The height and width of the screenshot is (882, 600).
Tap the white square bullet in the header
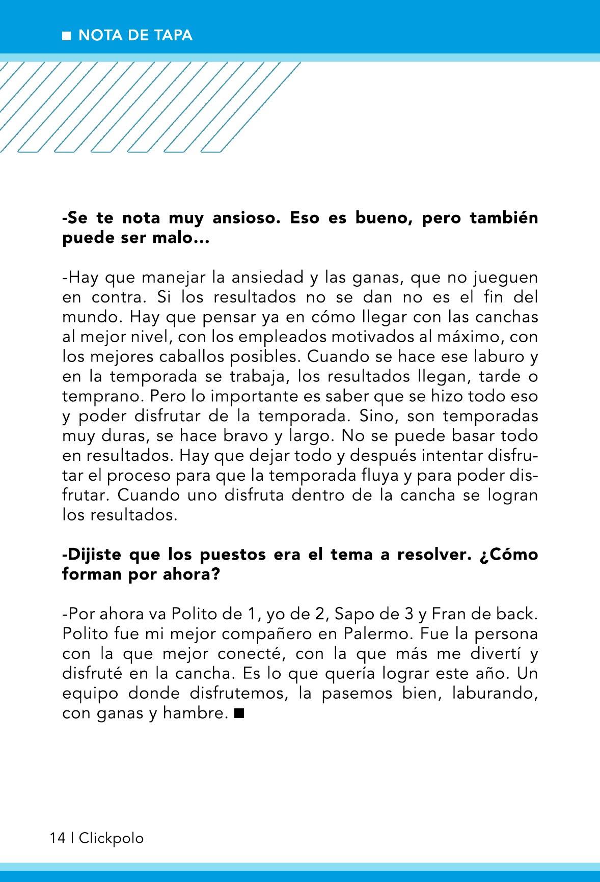(66, 36)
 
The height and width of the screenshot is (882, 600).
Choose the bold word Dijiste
(92, 555)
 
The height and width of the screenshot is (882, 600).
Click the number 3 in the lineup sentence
(408, 614)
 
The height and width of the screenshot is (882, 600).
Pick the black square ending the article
(239, 713)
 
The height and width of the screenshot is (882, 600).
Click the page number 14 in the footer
(58, 838)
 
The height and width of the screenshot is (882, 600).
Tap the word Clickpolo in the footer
(112, 838)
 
